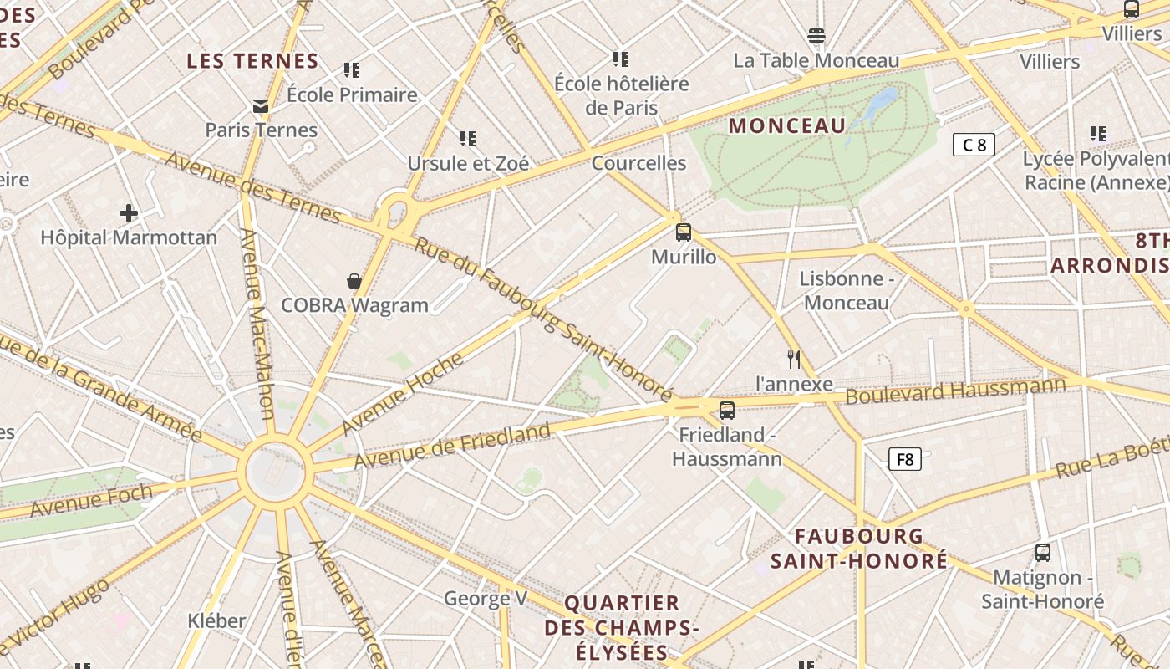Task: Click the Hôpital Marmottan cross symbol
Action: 128,213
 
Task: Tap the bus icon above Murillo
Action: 684,232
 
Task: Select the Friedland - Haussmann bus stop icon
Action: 727,410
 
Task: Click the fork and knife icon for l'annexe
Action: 794,360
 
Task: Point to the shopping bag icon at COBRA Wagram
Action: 354,281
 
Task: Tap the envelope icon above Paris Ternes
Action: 261,106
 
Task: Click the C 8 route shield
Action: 974,145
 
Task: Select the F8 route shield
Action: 904,458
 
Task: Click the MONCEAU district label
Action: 787,125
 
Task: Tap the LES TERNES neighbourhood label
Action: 252,61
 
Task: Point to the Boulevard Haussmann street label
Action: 955,390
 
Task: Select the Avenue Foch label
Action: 92,499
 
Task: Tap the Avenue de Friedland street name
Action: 452,446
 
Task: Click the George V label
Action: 486,598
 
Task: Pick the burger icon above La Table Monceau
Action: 816,36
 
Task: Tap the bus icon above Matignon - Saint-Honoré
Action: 1043,552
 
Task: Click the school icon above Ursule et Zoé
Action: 468,138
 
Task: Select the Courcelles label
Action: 638,163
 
